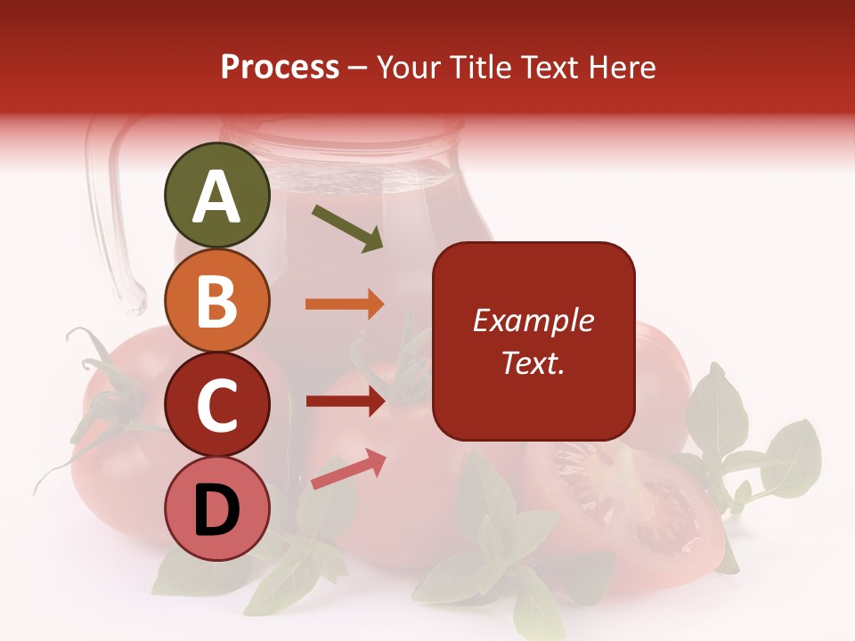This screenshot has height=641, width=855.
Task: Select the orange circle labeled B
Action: [217, 300]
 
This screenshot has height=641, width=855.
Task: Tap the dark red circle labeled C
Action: [217, 404]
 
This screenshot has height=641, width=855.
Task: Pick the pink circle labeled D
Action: [217, 509]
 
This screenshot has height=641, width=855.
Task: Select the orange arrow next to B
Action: [345, 304]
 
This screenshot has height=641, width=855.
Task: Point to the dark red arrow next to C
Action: [345, 402]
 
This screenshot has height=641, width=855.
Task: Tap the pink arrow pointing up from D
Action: [348, 469]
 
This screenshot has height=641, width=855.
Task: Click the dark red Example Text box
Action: [533, 341]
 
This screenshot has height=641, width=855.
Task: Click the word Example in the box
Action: [533, 320]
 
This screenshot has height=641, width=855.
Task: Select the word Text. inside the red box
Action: [533, 363]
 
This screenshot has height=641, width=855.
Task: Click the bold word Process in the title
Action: [280, 68]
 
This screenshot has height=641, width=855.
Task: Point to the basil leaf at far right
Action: [788, 458]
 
